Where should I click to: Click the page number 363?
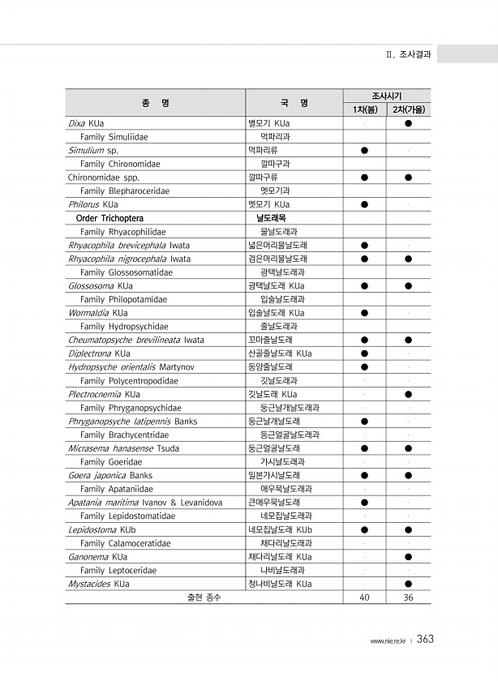point(425,640)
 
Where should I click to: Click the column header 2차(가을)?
point(409,109)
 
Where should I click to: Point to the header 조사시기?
point(387,96)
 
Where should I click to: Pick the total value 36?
point(409,598)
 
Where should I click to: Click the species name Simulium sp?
point(93,150)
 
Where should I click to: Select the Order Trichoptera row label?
point(109,218)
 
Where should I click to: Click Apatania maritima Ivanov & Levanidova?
point(145,503)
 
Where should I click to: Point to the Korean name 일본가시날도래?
point(274,475)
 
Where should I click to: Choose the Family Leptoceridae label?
point(118,571)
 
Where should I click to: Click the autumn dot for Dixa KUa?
point(409,123)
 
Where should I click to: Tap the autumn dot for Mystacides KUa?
point(409,584)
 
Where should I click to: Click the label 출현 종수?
point(204,598)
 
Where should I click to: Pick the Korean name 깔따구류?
point(263,178)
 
